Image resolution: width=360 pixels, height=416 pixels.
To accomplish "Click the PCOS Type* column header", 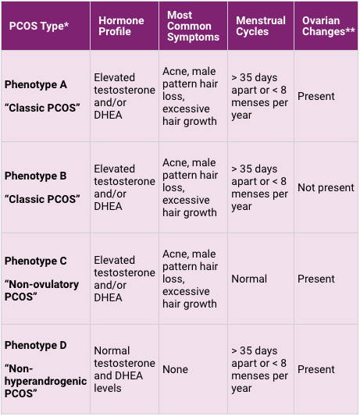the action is pyautogui.click(x=39, y=26).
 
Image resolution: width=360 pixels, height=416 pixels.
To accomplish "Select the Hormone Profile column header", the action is pyautogui.click(x=121, y=26).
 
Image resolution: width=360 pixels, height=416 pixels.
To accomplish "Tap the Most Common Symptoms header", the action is pyautogui.click(x=193, y=26).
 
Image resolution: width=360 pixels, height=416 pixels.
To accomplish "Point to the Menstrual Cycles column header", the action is pyautogui.click(x=261, y=26).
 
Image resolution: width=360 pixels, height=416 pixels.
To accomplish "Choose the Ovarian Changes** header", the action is pyautogui.click(x=329, y=26).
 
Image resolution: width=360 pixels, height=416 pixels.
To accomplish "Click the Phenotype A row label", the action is pyautogui.click(x=36, y=84).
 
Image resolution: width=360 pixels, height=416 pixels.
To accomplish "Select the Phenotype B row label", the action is pyautogui.click(x=36, y=176).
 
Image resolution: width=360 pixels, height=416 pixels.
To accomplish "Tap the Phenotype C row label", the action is pyautogui.click(x=36, y=261).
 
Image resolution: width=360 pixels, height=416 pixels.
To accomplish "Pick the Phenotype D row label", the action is pyautogui.click(x=36, y=345).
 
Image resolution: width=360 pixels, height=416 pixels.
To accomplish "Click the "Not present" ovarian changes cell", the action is pyautogui.click(x=326, y=187).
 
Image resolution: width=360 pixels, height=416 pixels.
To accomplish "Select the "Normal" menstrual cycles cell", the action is pyautogui.click(x=249, y=279).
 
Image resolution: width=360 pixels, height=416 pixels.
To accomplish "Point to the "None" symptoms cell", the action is pyautogui.click(x=175, y=369).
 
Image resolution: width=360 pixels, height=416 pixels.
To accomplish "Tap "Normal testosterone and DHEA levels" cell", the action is pyautogui.click(x=124, y=369).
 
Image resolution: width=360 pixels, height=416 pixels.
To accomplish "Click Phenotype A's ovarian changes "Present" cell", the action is pyautogui.click(x=316, y=96).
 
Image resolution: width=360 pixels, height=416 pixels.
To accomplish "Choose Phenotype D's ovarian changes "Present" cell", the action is pyautogui.click(x=316, y=369).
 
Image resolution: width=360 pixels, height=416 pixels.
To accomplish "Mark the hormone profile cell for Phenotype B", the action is pyautogui.click(x=124, y=187).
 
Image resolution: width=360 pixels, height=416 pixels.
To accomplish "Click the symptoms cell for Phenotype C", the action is pyautogui.click(x=190, y=279).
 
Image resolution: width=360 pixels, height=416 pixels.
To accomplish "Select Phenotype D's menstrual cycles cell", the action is pyautogui.click(x=259, y=369).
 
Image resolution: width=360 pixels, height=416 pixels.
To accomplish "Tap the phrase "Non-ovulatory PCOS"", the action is pyautogui.click(x=41, y=290).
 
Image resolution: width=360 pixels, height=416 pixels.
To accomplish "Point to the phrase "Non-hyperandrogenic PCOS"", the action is pyautogui.click(x=45, y=381).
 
